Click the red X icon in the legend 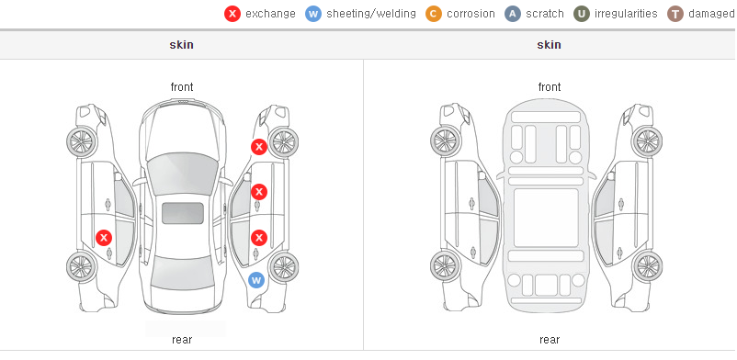tap(232, 14)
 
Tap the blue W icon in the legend tap(313, 14)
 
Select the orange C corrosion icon tap(434, 14)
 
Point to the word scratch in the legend tap(545, 14)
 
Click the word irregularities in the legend tap(626, 14)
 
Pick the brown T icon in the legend tap(675, 14)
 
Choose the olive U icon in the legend tap(582, 14)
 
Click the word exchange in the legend tap(270, 14)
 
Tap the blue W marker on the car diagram tap(256, 281)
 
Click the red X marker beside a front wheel tap(258, 147)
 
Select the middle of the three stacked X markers tap(259, 192)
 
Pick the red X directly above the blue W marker tap(259, 238)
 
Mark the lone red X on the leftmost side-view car tap(104, 238)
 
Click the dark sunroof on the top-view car tap(183, 213)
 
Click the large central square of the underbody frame tap(546, 218)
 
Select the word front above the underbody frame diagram tap(550, 87)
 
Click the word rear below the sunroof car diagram tap(182, 340)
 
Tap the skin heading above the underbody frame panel tap(549, 45)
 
